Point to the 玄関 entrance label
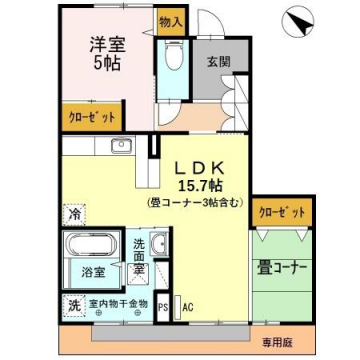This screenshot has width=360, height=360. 219,60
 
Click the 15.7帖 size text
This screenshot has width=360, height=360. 200,184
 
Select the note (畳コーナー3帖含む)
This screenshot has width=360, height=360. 200,201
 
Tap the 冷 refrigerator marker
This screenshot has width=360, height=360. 74,212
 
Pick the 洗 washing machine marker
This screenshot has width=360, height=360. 75,304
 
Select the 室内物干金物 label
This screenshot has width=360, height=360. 118,304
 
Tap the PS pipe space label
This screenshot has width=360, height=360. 164,307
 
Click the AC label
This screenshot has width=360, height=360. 187,307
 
